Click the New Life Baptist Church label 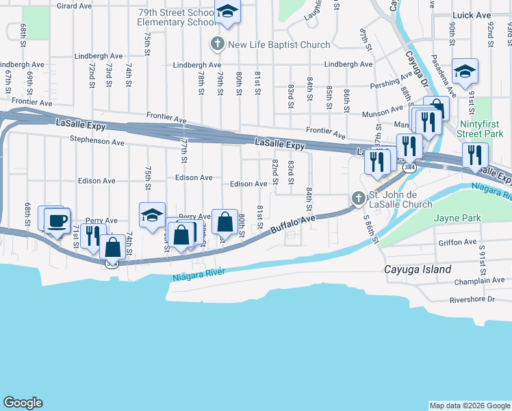(279, 45)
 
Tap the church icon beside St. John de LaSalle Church (357, 199)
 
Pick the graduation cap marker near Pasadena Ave (465, 72)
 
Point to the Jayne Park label (457, 219)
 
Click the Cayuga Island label (418, 269)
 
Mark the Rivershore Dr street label (472, 299)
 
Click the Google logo (23, 403)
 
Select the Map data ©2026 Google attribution (470, 406)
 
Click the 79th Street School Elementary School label (177, 17)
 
